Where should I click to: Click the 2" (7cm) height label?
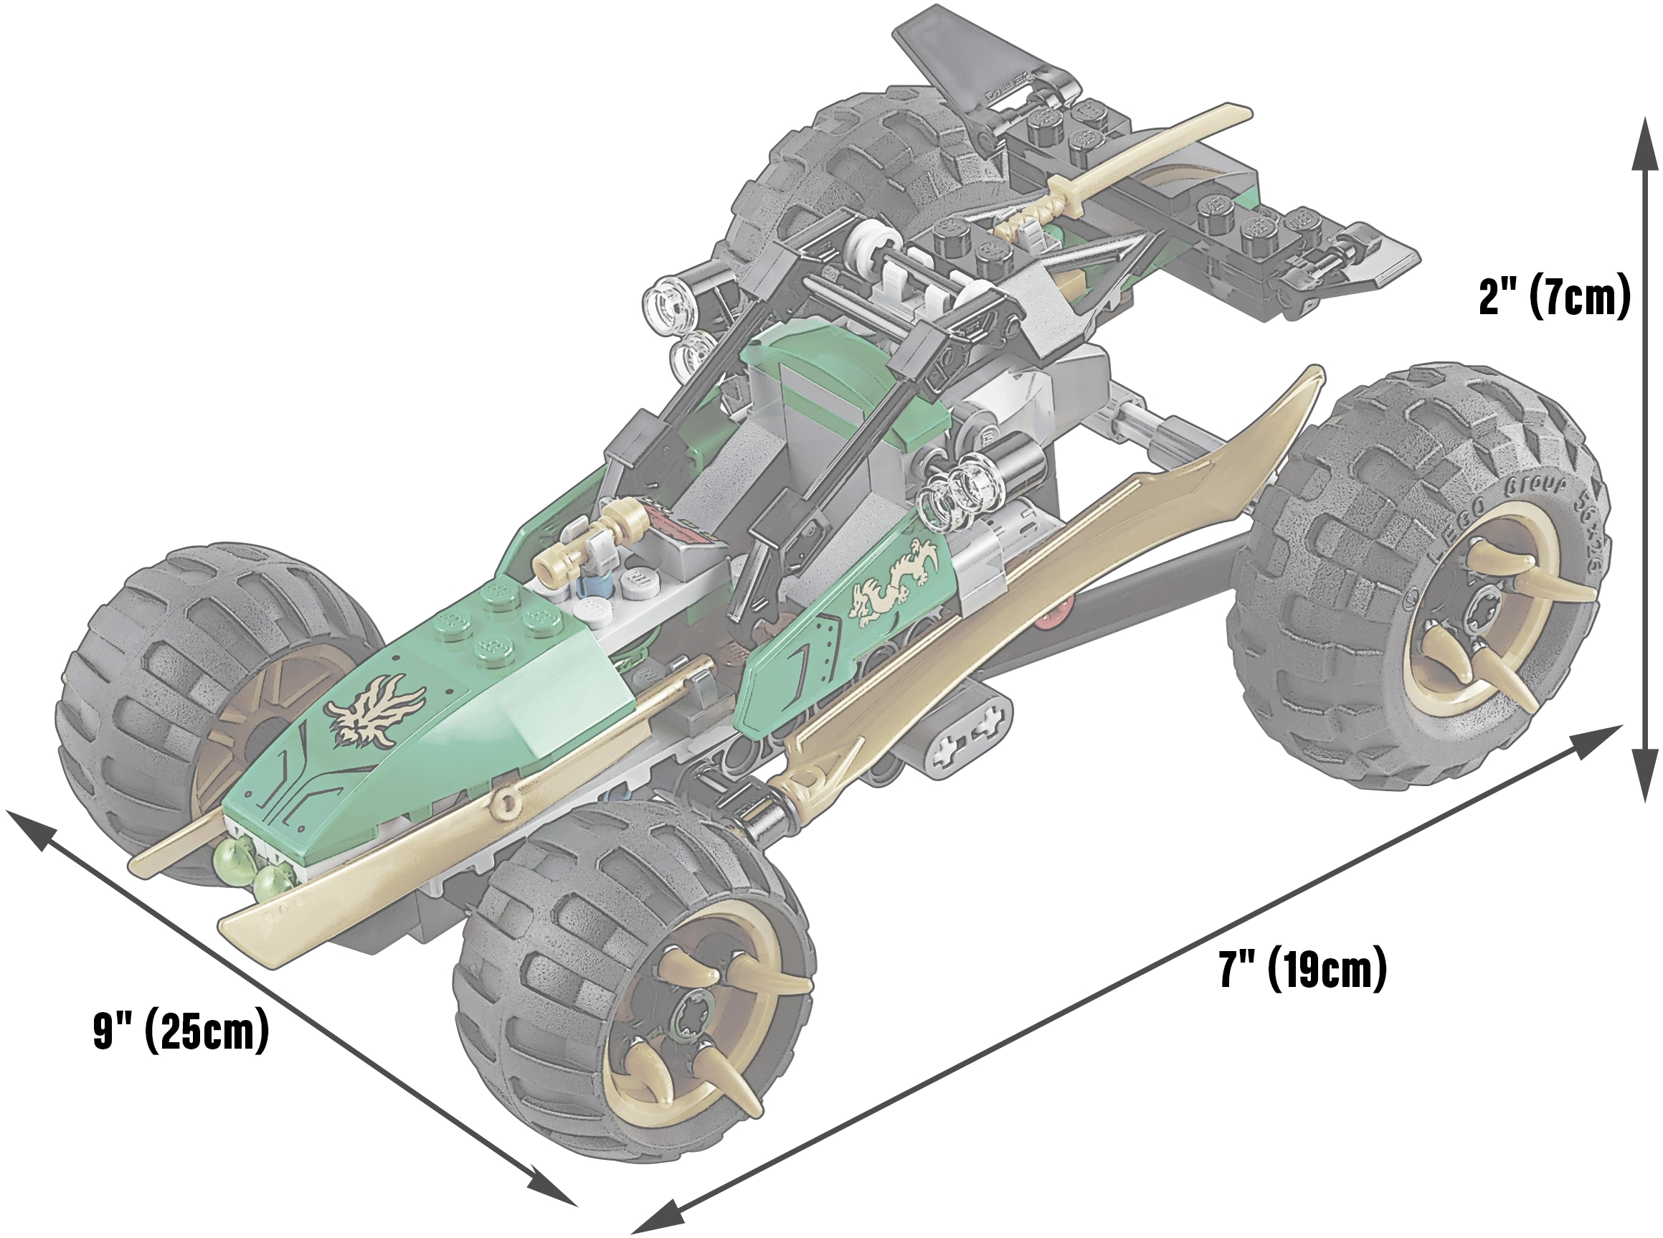(x=1555, y=298)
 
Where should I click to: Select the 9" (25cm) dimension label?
(x=181, y=1032)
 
